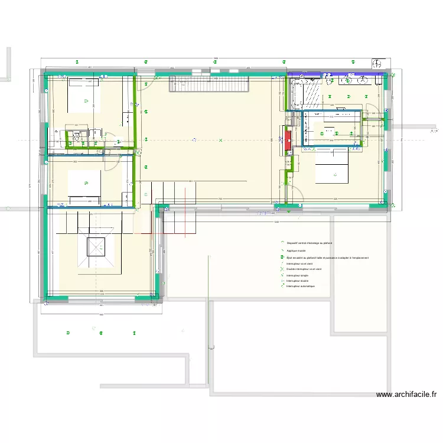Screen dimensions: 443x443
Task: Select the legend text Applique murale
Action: tap(297, 251)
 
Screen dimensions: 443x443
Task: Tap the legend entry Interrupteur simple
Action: tap(297, 275)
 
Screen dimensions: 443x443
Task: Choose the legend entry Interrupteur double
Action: tap(297, 281)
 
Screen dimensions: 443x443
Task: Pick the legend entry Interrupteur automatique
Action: tap(301, 286)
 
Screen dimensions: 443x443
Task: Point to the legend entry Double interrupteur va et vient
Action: tap(304, 269)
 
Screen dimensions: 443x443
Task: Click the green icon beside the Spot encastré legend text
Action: tap(282, 258)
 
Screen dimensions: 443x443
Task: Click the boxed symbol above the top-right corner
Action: tap(377, 62)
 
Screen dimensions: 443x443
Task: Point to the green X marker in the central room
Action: tap(221, 141)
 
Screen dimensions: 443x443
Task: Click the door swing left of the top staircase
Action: tap(148, 82)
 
